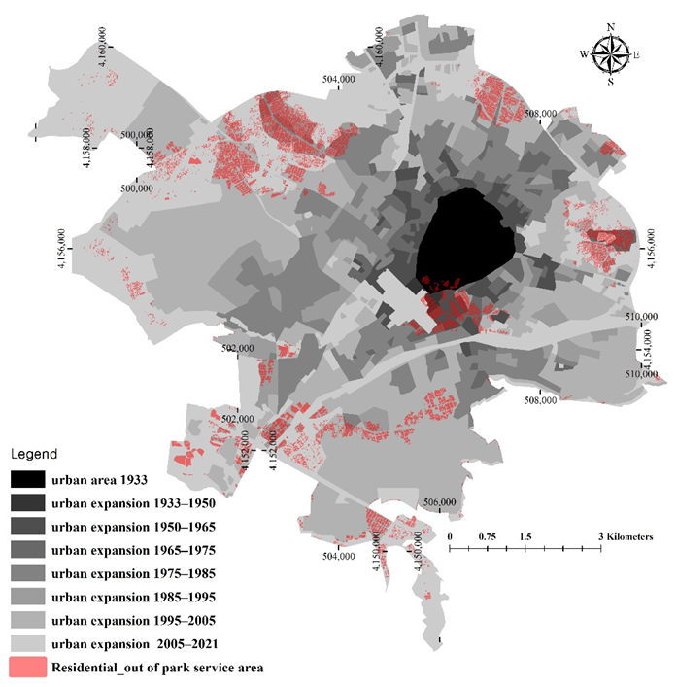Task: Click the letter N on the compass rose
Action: click(x=610, y=27)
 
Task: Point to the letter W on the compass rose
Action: click(x=584, y=54)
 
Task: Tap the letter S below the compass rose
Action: click(x=610, y=82)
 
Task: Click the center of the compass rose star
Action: click(x=610, y=54)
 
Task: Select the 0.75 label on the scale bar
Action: click(x=487, y=536)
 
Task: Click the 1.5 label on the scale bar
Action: click(x=525, y=536)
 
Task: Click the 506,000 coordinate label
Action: click(x=441, y=502)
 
